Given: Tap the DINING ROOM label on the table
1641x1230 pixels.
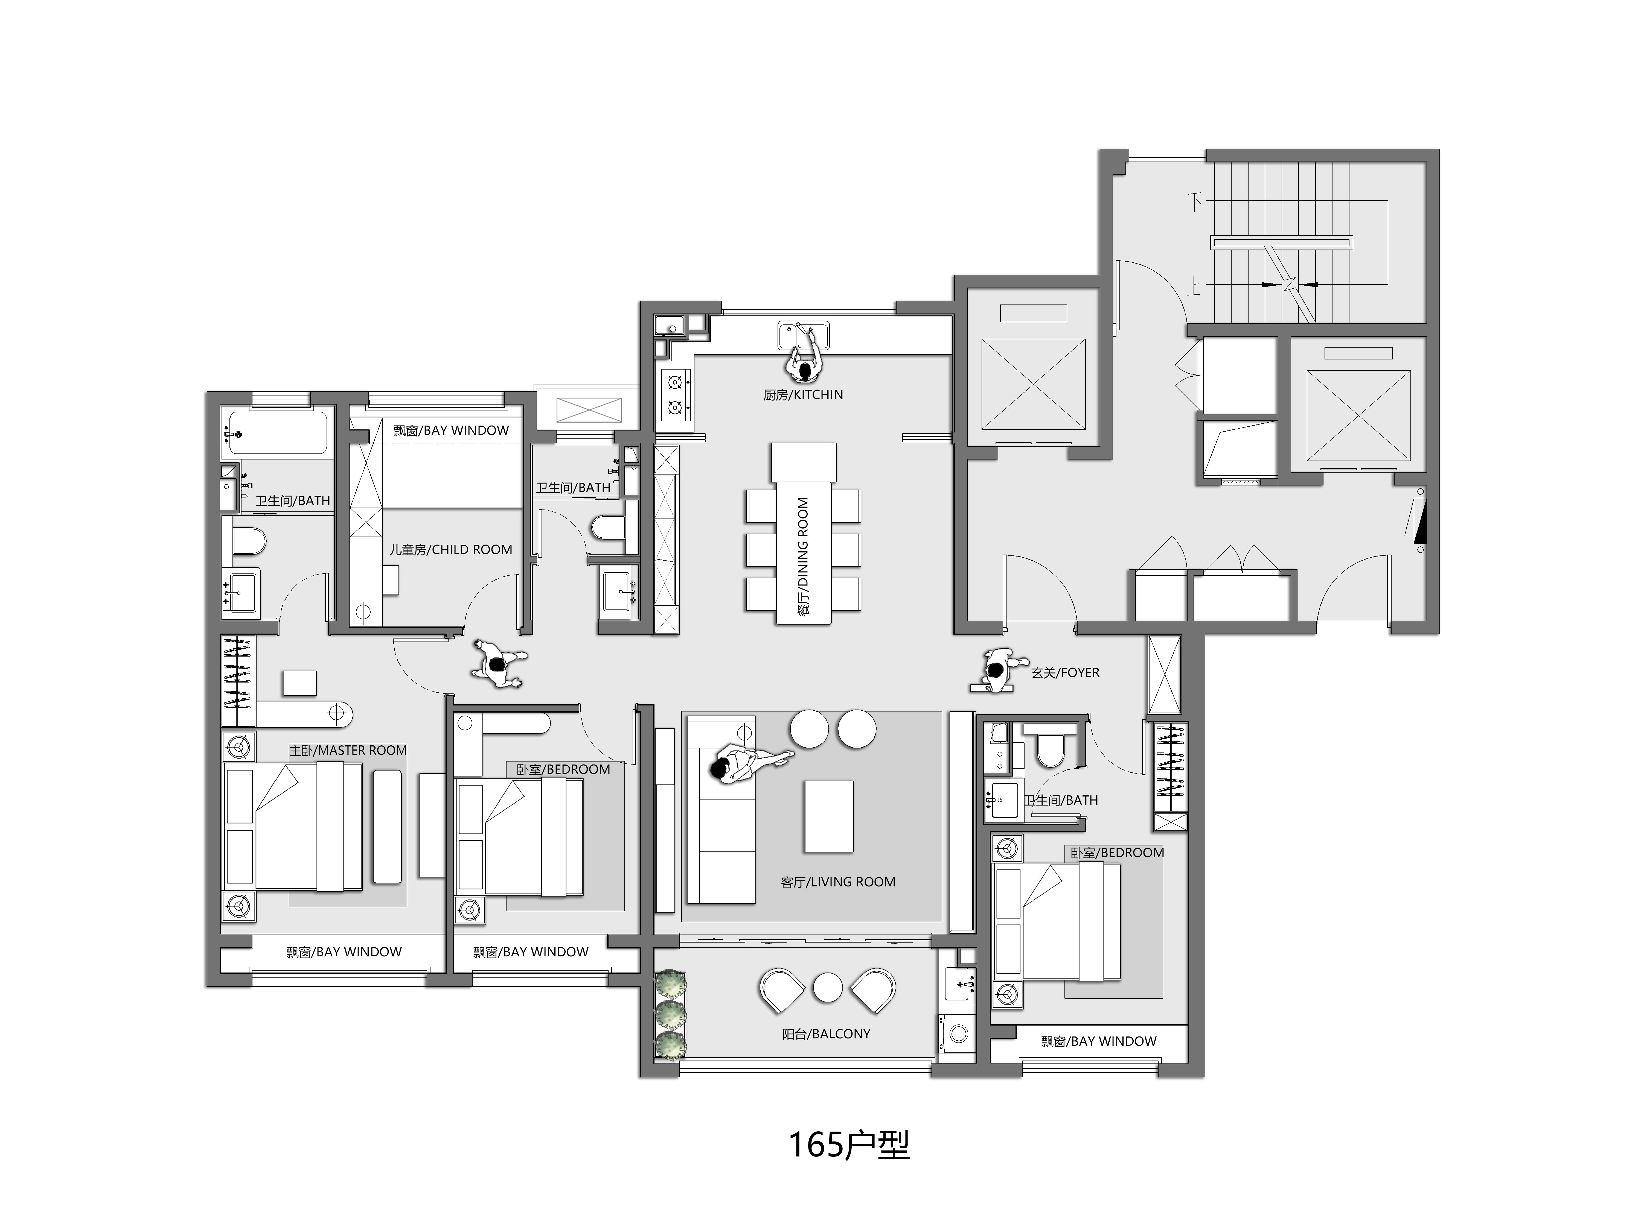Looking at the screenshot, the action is click(803, 556).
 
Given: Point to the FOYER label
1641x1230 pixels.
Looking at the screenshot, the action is click(1065, 672).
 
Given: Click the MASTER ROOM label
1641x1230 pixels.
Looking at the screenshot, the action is click(348, 750).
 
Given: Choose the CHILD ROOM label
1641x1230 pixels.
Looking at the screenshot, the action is click(451, 549).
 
